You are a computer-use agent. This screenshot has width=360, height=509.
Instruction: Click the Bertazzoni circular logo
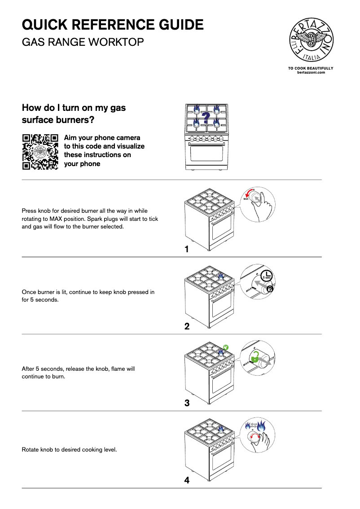tap(311, 41)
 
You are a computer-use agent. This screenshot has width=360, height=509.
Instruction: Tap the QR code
tap(40, 151)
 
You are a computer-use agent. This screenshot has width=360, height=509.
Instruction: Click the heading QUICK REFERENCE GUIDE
tap(113, 24)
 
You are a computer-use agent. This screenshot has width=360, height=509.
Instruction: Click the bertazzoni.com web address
tap(311, 72)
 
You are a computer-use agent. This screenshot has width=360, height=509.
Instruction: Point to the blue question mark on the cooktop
tap(206, 118)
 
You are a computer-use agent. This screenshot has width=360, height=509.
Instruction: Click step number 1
tap(187, 249)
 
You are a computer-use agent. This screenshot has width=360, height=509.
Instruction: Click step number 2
tap(187, 326)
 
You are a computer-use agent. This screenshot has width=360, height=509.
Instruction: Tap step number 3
tap(187, 403)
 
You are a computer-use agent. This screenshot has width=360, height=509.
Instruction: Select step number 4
tap(187, 480)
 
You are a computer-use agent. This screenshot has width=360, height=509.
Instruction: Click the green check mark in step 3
tap(226, 347)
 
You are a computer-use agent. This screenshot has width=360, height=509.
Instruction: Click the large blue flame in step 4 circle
tap(262, 425)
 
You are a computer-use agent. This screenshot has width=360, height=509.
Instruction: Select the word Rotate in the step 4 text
tap(31, 449)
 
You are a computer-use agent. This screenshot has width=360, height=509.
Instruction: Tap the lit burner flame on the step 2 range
tap(221, 276)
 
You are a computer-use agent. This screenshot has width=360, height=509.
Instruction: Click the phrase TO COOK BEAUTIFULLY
tap(311, 68)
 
